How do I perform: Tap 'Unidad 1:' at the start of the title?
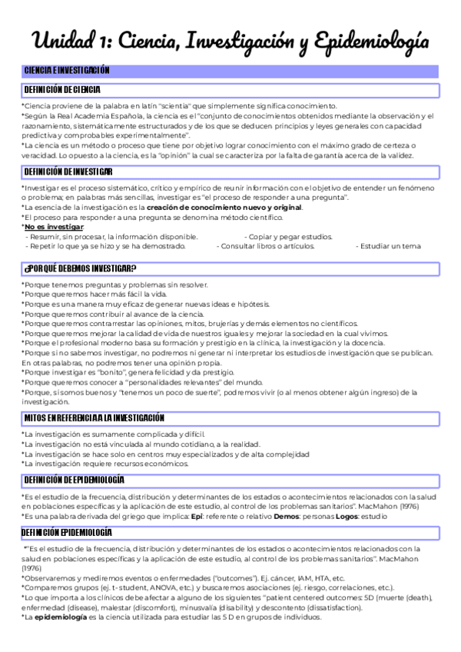tap(71, 39)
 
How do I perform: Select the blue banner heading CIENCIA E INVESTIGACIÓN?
tap(67, 71)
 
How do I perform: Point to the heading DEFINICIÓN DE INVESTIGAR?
tap(68, 171)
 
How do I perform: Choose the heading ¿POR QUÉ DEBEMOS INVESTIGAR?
tap(80, 268)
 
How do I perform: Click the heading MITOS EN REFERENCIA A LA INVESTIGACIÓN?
tap(95, 417)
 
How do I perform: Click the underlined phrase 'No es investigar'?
tap(54, 227)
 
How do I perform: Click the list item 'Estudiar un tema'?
tap(389, 247)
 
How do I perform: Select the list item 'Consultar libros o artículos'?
tap(267, 247)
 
